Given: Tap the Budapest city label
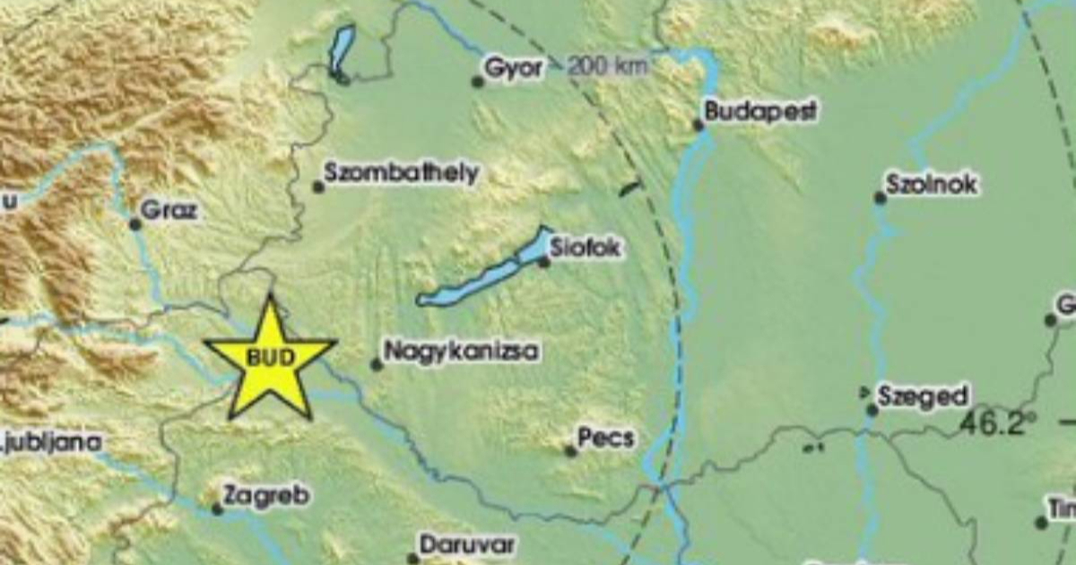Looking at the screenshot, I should pos(760,112).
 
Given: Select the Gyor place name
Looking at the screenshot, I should pos(513,68).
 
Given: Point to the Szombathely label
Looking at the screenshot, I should pos(402,173).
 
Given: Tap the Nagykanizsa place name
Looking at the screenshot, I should pos(461,351).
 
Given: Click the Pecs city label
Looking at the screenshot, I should pos(606,439).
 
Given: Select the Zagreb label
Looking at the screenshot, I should pos(266,495).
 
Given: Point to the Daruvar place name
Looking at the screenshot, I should pos(467,543).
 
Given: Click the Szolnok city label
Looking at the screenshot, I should pos(932,185).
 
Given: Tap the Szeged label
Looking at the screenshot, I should pos(923,396).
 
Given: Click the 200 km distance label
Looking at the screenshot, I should pos(608,65).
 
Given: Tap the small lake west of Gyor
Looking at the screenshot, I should pos(341,52).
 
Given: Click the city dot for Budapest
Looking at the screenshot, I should pos(699,126).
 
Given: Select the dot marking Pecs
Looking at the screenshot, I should pos(571,451).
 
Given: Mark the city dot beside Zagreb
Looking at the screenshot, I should pos(217,509).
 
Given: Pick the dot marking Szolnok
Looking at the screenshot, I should pos(881,198).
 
